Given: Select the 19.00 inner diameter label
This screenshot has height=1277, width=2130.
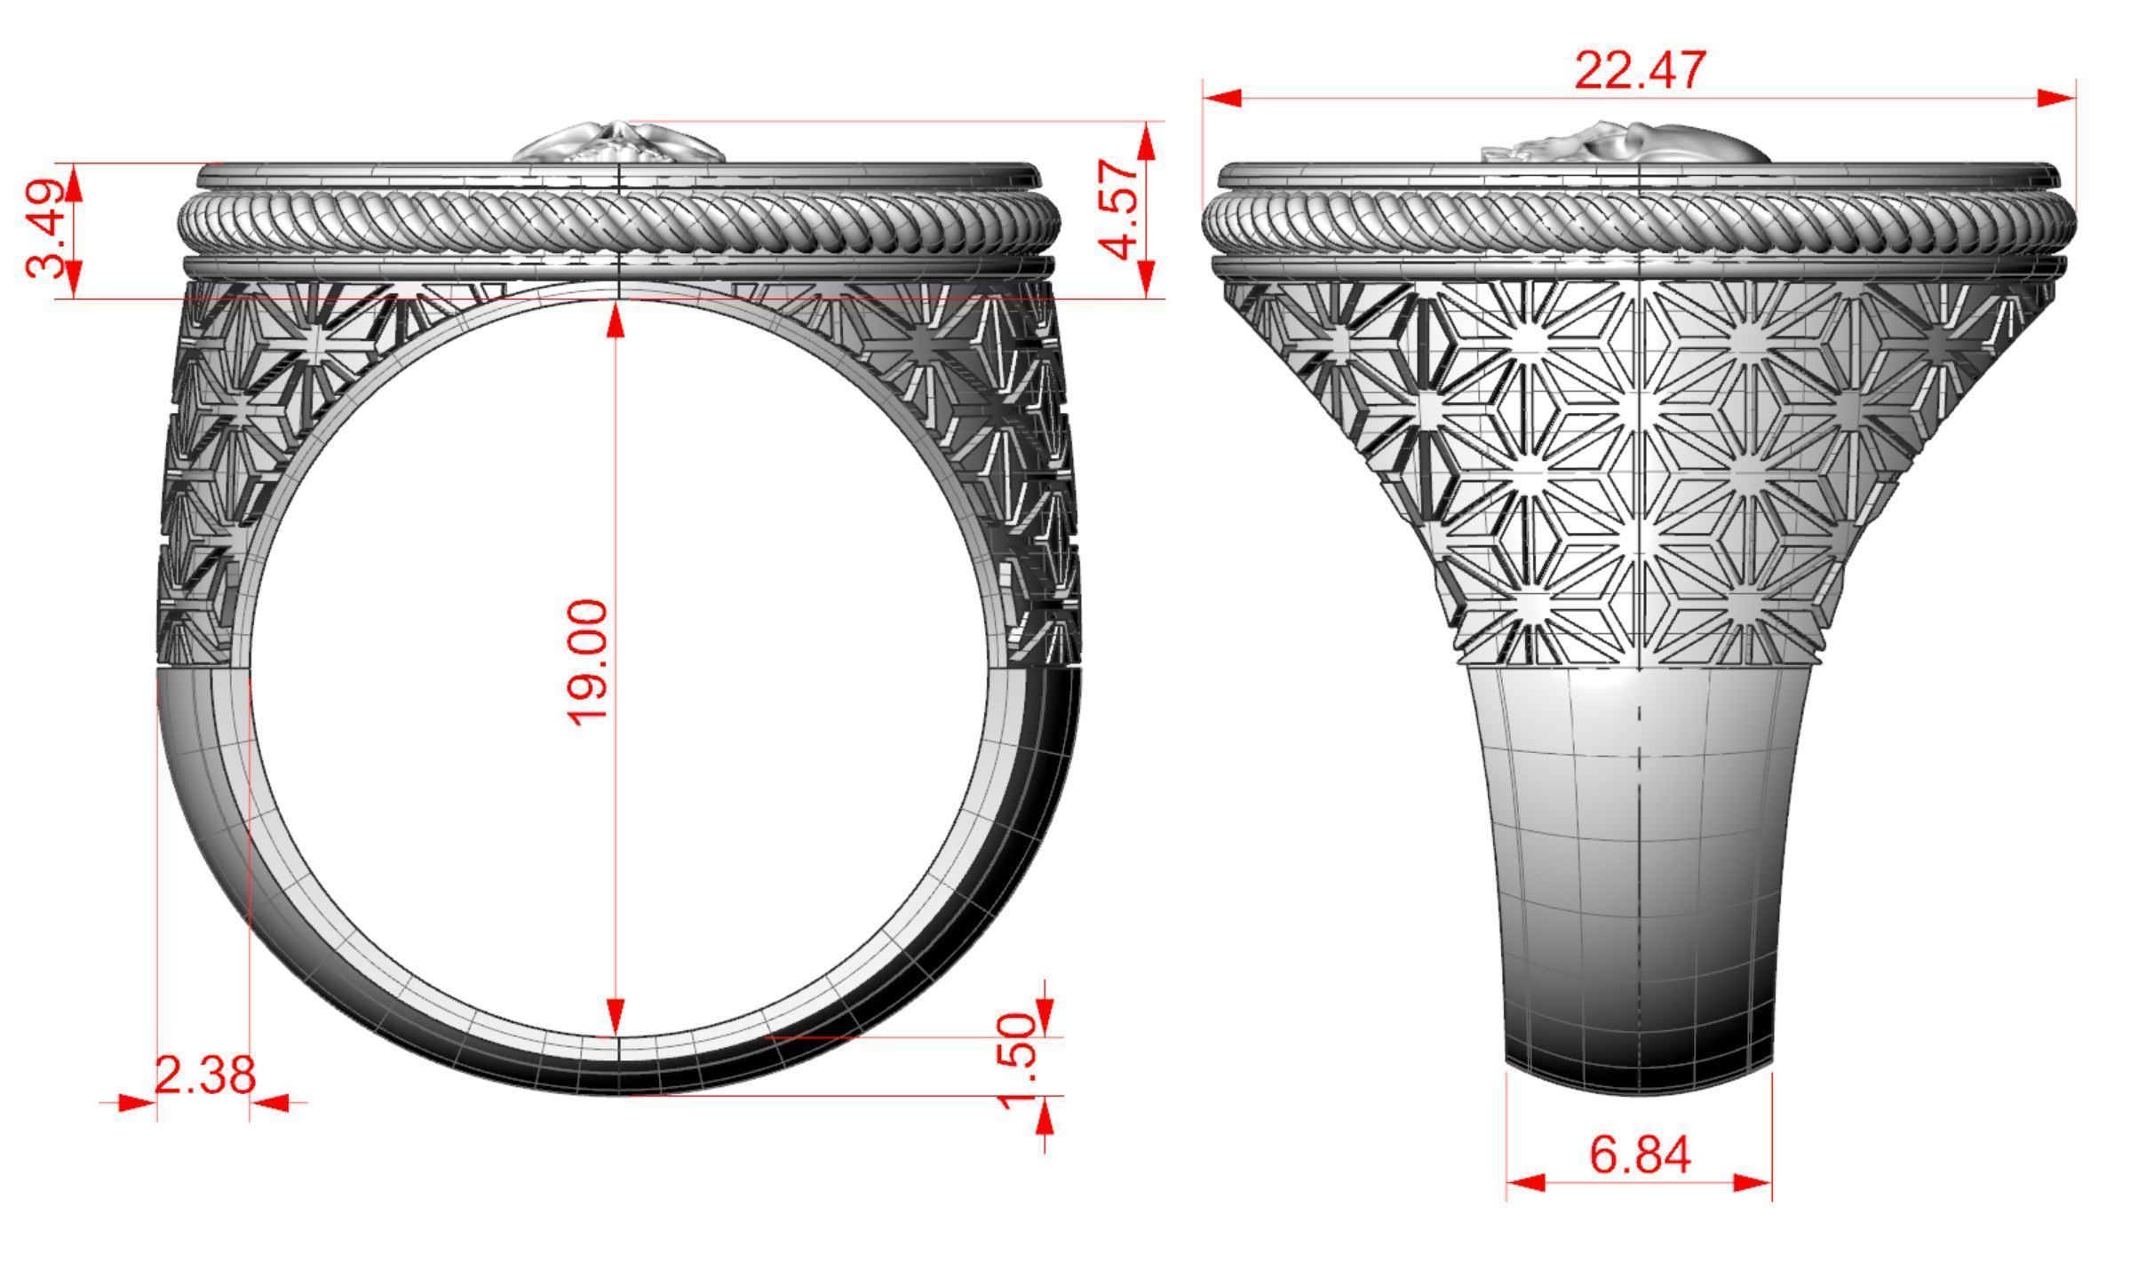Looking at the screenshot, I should pos(588,662).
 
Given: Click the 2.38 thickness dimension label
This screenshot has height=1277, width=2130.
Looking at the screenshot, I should pos(205,1075).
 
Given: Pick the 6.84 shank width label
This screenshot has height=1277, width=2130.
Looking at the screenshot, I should pos(1640,1155).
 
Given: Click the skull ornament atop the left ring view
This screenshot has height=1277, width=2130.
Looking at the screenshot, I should pos(619,145).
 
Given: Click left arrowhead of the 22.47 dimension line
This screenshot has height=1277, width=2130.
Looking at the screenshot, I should pos(1222,98).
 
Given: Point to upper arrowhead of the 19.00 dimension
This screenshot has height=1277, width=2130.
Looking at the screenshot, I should pos(616,321).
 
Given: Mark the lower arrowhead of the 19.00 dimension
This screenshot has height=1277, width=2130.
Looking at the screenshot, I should pos(616,1016).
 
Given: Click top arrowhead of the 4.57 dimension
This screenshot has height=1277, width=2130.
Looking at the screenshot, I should pos(1147,142).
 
